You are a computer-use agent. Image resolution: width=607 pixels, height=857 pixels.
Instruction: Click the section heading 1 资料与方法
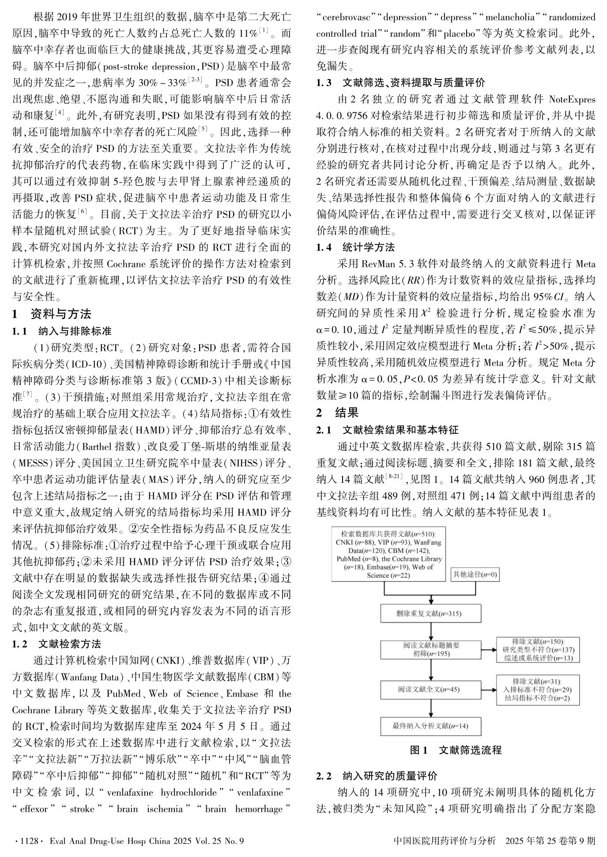pos(52,314)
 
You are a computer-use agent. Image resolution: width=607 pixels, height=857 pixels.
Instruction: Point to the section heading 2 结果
pos(337,413)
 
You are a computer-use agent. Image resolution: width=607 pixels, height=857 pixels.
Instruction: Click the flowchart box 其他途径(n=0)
pos(475,574)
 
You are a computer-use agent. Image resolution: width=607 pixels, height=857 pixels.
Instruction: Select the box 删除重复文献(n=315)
pos(430,614)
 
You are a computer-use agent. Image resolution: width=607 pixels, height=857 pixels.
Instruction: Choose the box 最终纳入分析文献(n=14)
pos(430,726)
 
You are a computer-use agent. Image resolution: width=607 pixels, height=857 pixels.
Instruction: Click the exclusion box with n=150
pos(538,650)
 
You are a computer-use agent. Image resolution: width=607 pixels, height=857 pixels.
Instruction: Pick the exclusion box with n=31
pos(538,689)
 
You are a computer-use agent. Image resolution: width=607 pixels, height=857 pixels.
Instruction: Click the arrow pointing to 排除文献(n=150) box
pos(488,650)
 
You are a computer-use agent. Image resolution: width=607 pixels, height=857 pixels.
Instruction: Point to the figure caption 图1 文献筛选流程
pos(456,750)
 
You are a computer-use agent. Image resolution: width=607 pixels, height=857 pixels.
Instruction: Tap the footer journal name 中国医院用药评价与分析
pos(445,841)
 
